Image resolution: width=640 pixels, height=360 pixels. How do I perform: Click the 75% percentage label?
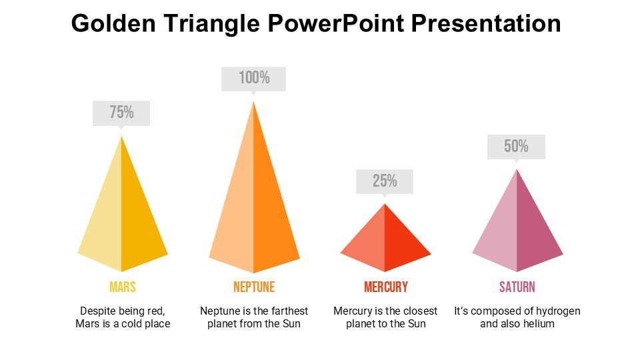121,113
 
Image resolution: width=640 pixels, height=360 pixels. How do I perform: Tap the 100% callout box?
254,79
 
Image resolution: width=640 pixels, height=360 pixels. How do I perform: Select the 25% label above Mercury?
385,181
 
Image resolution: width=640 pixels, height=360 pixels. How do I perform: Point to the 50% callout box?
516,147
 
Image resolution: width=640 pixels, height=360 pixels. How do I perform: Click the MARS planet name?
122,287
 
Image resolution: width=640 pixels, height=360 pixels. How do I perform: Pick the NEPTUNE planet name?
254,287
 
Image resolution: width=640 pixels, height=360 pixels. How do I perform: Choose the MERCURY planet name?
385,287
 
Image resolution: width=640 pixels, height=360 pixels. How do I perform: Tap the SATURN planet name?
517,287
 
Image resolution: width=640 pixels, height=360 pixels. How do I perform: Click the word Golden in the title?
107,25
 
